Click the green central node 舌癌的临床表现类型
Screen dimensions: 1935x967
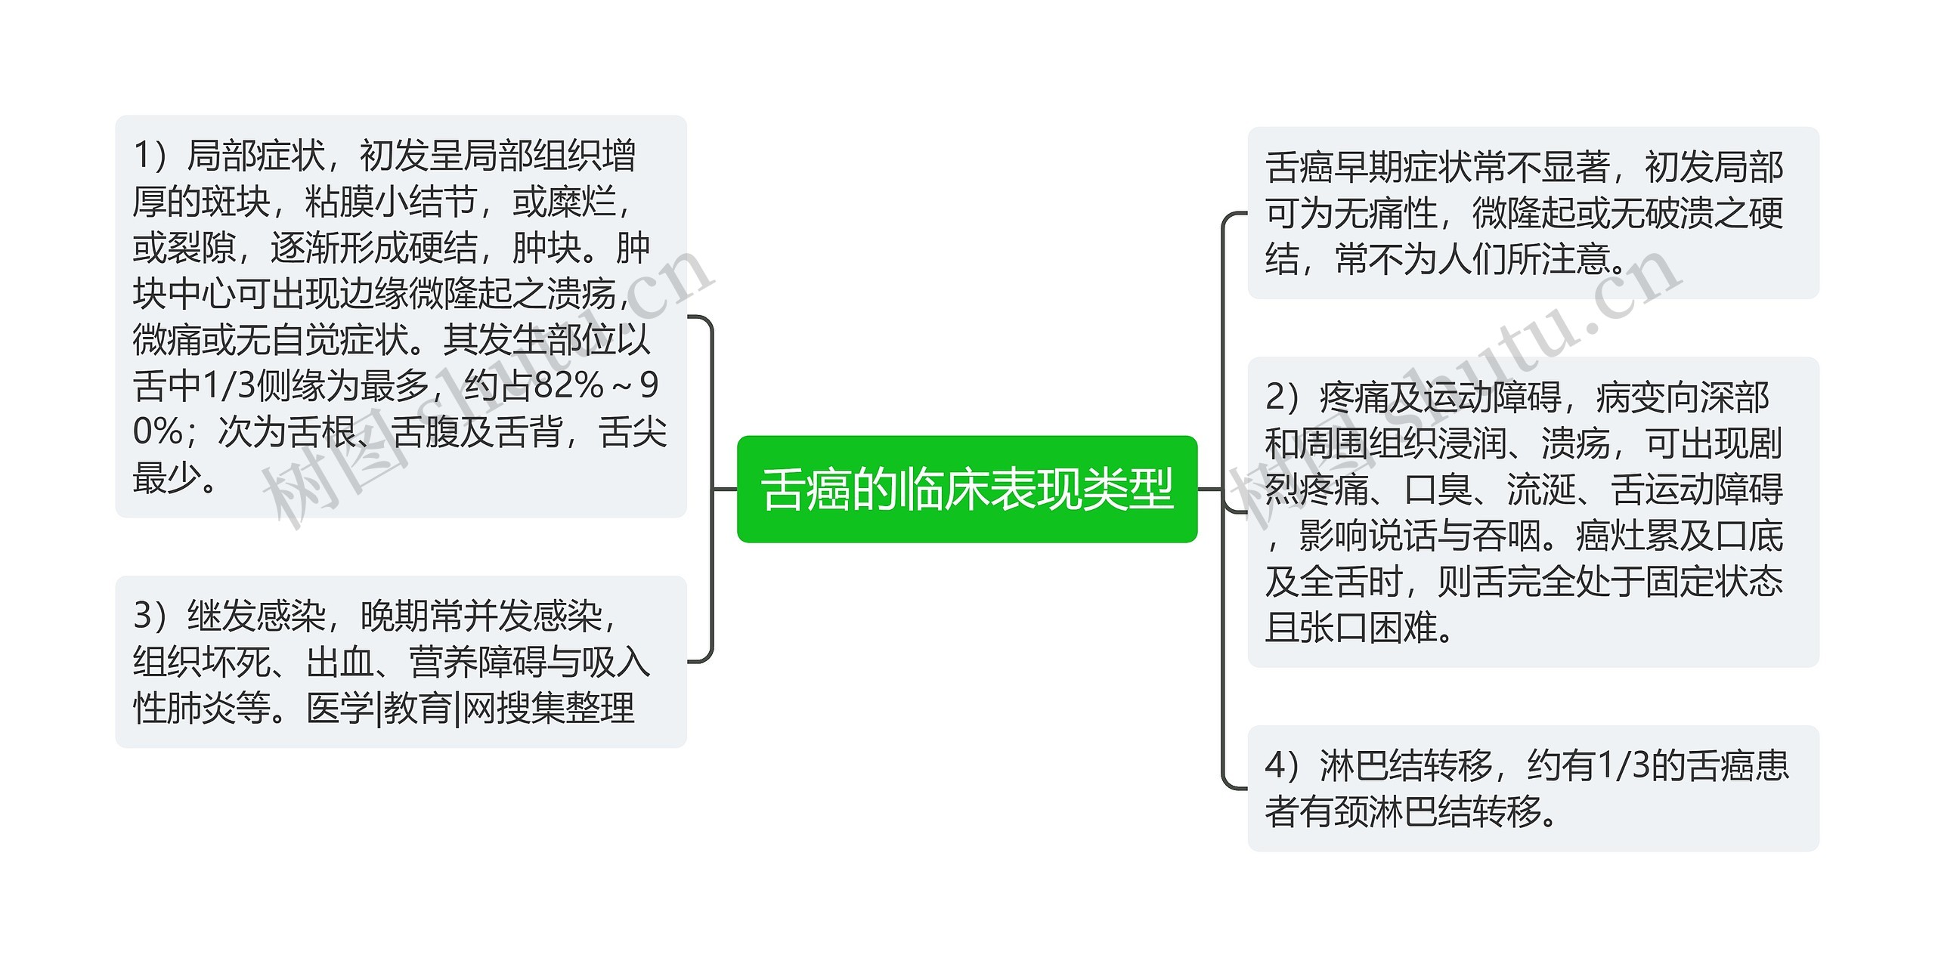click(x=967, y=490)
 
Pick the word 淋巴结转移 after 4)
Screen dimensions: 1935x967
click(x=1406, y=766)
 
